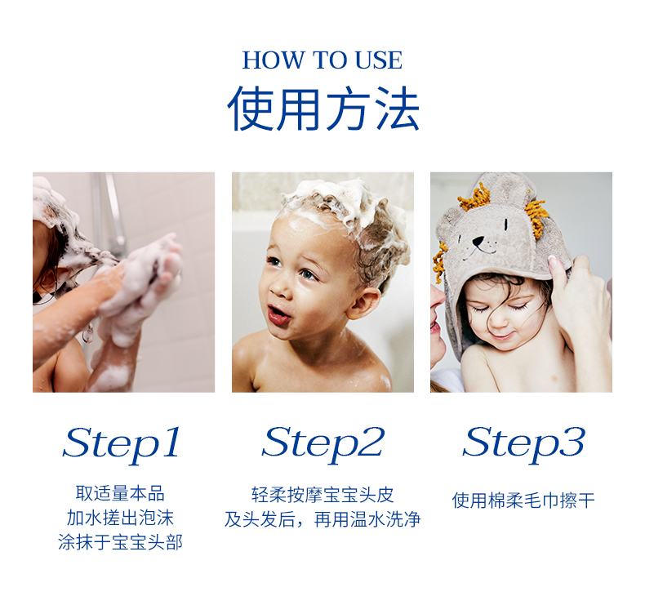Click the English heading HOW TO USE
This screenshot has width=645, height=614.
[322, 60]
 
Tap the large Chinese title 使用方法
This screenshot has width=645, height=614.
[323, 109]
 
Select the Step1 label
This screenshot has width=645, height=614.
[122, 444]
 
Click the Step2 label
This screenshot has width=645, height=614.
[323, 444]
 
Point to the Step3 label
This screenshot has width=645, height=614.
[523, 444]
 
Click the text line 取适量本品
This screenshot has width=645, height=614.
[120, 493]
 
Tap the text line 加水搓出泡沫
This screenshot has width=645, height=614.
[120, 518]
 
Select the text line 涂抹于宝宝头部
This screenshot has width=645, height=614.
[120, 542]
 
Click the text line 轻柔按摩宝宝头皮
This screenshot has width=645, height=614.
[323, 495]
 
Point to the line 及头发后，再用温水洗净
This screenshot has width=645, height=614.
[322, 519]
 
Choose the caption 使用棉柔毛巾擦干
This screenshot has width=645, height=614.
[523, 501]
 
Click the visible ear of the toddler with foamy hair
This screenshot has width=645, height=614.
[363, 303]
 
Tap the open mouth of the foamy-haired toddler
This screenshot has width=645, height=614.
[278, 315]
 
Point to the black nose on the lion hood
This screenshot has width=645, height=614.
[478, 242]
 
